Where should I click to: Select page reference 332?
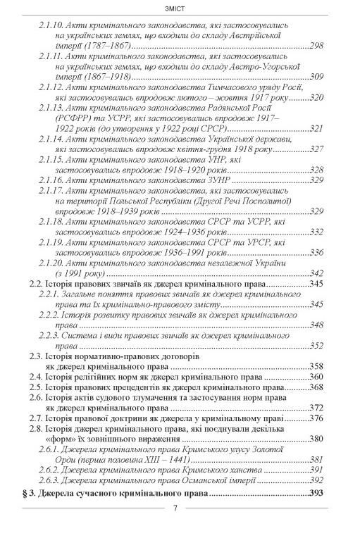316,232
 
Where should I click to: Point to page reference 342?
316,273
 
